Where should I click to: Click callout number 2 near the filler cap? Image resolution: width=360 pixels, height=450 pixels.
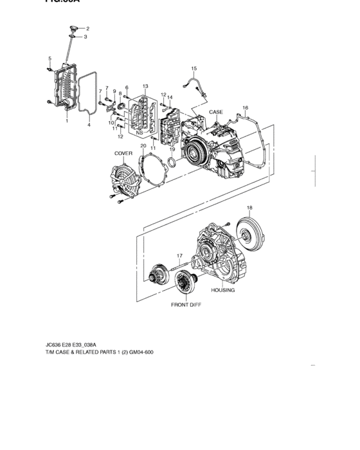(88, 29)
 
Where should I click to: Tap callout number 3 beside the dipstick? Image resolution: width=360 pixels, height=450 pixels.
(85, 37)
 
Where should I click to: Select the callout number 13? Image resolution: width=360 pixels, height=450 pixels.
(145, 87)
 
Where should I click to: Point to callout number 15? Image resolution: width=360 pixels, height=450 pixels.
(194, 69)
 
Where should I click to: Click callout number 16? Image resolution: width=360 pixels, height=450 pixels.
(245, 107)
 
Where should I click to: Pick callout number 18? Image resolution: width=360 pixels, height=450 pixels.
(249, 208)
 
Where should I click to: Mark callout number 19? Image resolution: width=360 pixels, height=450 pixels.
(172, 149)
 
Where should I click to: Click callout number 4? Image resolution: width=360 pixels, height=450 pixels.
(89, 126)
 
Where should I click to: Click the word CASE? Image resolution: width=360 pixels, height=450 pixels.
(217, 113)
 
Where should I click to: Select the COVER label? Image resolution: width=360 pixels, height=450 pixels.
(123, 154)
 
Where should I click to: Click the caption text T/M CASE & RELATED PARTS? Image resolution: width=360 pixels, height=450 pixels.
(96, 353)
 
